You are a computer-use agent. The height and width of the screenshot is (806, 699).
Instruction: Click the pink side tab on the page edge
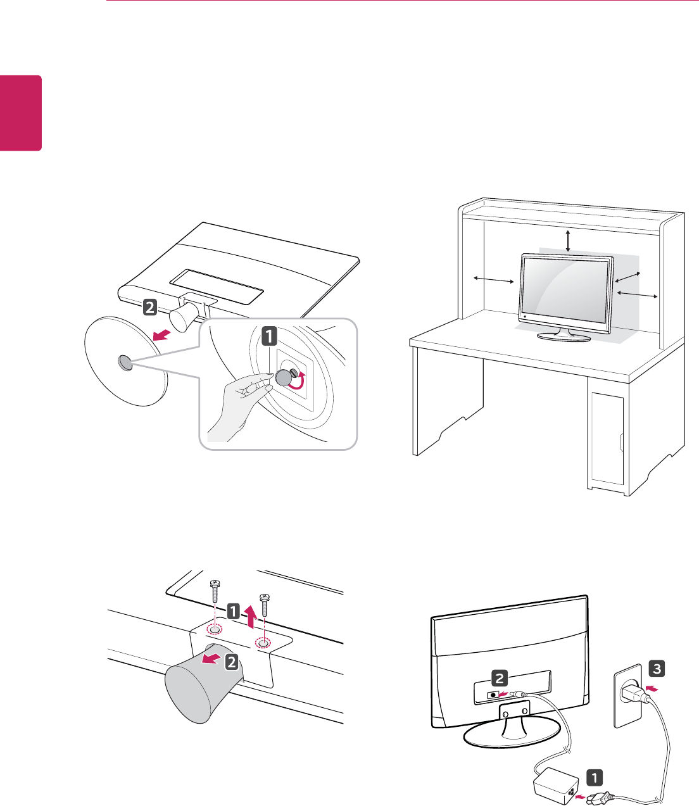point(20,113)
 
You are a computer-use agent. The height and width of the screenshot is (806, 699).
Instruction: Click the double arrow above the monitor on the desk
point(568,241)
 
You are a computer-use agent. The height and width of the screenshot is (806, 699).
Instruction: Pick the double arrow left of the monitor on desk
point(493,280)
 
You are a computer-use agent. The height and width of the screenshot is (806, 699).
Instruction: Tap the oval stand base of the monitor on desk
point(564,336)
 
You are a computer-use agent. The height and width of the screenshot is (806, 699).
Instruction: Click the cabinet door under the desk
point(607,437)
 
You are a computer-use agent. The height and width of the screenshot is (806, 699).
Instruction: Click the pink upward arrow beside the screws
point(252,617)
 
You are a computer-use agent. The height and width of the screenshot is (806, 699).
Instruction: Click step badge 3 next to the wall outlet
point(656,668)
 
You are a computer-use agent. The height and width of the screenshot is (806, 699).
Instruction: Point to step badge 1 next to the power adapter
point(594,777)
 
